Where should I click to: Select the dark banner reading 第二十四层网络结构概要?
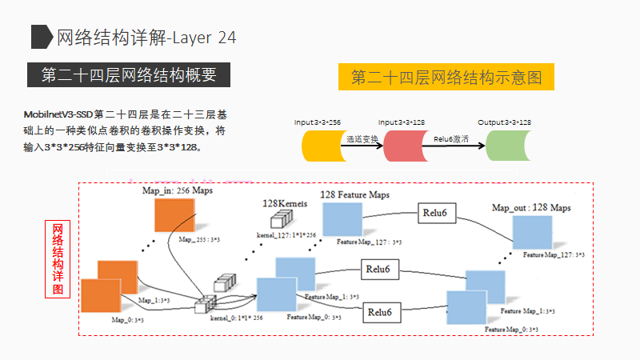click(x=129, y=75)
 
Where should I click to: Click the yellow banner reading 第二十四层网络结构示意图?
click(x=446, y=78)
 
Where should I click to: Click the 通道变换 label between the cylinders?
click(x=362, y=138)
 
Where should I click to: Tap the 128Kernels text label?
click(x=284, y=205)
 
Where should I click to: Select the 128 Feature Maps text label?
click(x=355, y=194)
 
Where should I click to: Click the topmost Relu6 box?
click(x=440, y=213)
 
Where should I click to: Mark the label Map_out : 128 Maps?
click(x=532, y=208)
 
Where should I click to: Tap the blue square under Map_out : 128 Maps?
click(x=532, y=232)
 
